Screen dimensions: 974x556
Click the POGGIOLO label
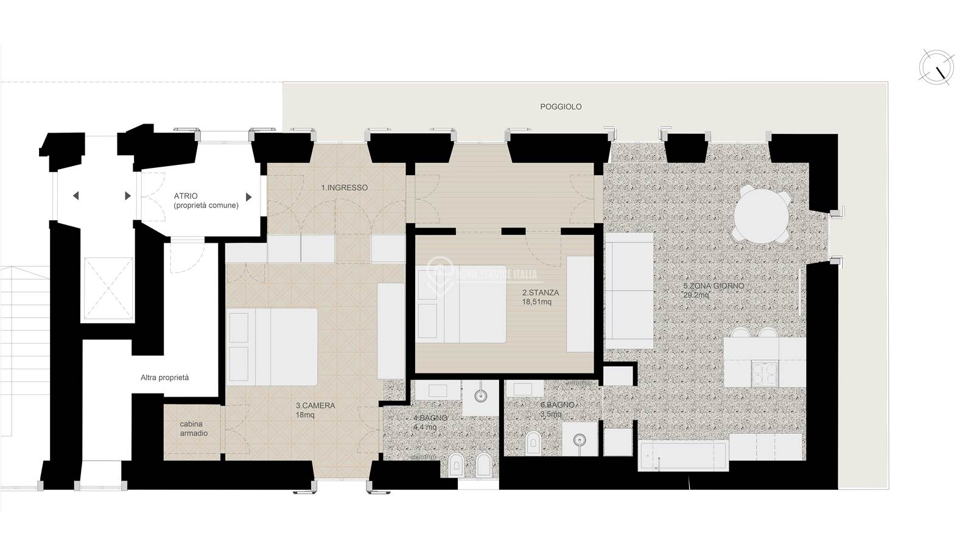pyautogui.click(x=561, y=107)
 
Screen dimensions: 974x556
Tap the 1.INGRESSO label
pyautogui.click(x=345, y=187)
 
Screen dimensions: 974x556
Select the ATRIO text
pyautogui.click(x=186, y=196)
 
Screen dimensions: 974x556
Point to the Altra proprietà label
pyautogui.click(x=165, y=378)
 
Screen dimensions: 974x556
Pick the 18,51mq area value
pyautogui.click(x=536, y=302)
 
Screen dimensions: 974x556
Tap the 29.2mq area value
pyautogui.click(x=696, y=296)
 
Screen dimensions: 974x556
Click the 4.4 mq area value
pyautogui.click(x=425, y=427)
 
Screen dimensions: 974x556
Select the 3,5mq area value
pyautogui.click(x=551, y=414)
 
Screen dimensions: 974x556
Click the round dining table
pyautogui.click(x=761, y=214)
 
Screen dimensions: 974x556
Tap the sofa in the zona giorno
pyautogui.click(x=629, y=290)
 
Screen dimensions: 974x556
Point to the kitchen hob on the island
pyautogui.click(x=765, y=373)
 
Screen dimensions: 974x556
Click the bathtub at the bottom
pyautogui.click(x=683, y=455)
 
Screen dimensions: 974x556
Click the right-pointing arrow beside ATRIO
pyautogui.click(x=249, y=197)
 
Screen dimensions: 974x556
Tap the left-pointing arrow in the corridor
pyautogui.click(x=75, y=196)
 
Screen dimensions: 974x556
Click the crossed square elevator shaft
pyautogui.click(x=108, y=288)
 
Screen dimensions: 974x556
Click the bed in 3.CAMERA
pyautogui.click(x=272, y=347)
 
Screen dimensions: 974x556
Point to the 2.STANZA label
pyautogui.click(x=541, y=293)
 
